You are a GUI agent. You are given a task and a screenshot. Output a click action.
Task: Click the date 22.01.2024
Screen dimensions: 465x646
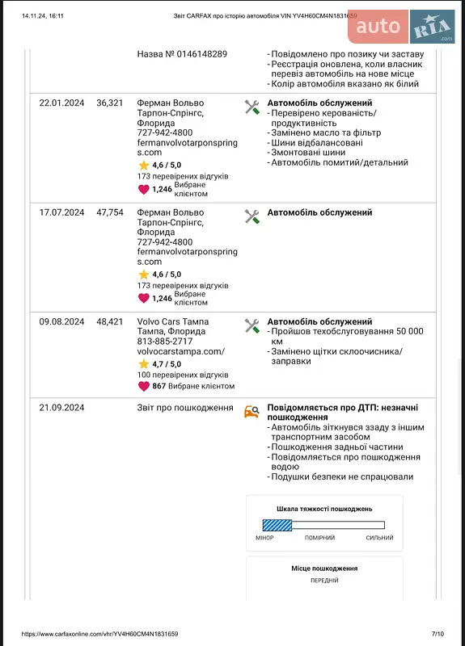click(x=61, y=103)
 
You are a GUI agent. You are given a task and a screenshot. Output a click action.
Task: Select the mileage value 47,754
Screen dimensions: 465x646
click(x=110, y=212)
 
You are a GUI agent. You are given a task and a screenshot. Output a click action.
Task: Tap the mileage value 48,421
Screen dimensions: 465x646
click(x=110, y=321)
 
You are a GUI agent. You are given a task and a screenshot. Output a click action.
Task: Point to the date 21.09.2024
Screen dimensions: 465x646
click(x=61, y=408)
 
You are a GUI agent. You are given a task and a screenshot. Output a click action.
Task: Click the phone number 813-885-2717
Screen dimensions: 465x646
click(x=165, y=342)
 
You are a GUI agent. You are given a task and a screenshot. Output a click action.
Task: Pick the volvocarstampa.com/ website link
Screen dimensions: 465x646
click(x=181, y=352)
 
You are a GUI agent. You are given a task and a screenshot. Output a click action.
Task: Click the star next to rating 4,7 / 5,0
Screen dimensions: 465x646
click(x=144, y=364)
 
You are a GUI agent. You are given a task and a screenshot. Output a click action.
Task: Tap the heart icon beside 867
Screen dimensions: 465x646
click(x=143, y=386)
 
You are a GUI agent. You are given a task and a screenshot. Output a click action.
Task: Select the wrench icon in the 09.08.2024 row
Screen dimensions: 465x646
click(x=252, y=325)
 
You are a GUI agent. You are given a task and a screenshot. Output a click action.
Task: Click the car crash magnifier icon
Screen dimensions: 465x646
click(x=252, y=412)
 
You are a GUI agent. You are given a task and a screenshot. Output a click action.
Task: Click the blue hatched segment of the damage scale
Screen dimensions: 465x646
click(x=277, y=525)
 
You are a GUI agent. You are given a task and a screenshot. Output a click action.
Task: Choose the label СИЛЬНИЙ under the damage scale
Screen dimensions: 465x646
click(x=379, y=539)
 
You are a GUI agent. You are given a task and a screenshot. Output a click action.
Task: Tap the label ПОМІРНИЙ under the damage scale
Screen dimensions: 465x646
click(x=319, y=539)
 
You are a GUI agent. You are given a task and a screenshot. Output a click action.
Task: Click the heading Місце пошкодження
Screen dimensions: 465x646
click(x=324, y=568)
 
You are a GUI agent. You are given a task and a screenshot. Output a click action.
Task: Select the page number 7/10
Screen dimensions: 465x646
click(x=438, y=634)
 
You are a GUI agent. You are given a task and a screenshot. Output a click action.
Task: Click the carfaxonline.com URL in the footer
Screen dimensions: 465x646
click(x=99, y=634)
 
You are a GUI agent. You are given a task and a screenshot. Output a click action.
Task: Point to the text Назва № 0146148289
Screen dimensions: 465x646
click(x=182, y=54)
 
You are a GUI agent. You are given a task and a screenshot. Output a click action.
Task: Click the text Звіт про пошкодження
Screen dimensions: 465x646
click(x=185, y=408)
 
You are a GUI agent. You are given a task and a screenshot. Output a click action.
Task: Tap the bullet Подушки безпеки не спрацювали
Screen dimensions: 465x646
click(x=342, y=476)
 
